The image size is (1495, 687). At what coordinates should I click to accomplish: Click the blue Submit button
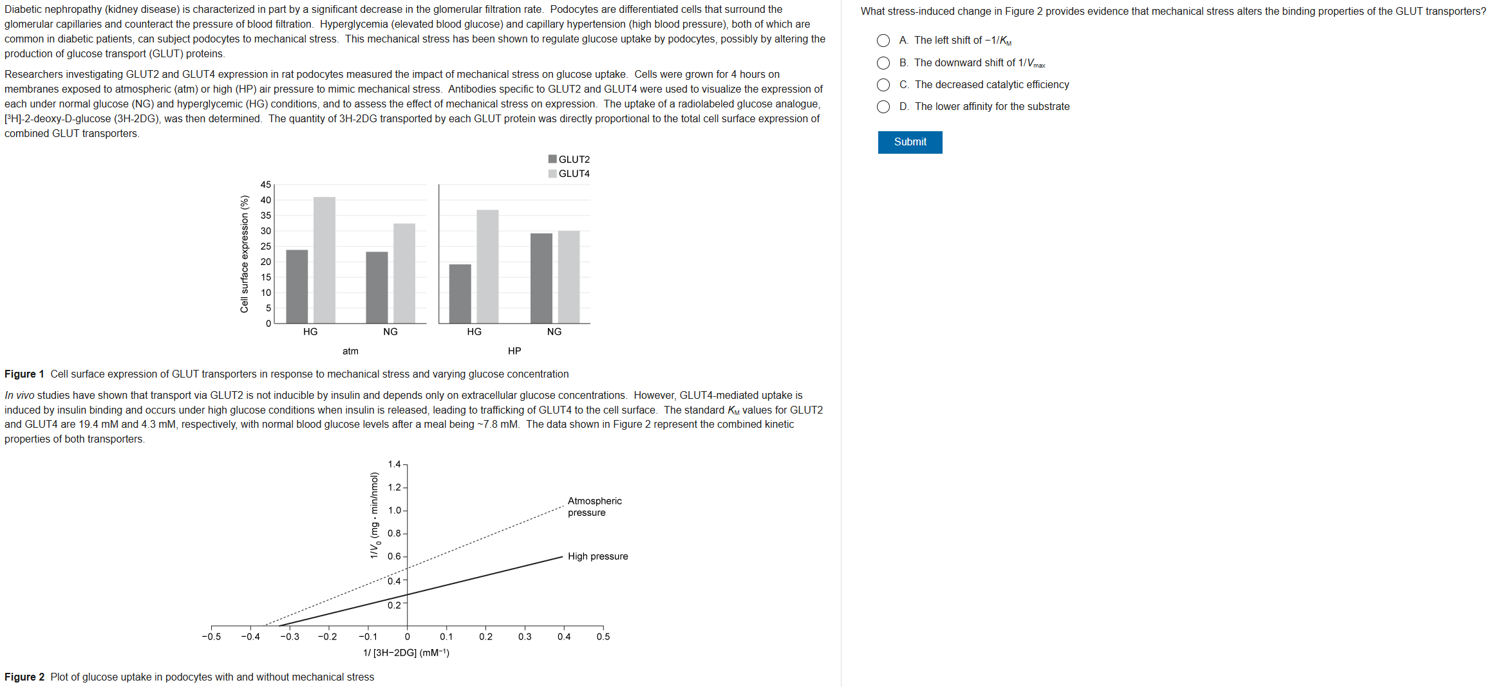(910, 142)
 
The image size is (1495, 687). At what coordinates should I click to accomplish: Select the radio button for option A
(883, 41)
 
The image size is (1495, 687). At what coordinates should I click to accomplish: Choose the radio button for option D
(883, 107)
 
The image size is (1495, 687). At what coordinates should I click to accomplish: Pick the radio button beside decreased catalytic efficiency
(883, 85)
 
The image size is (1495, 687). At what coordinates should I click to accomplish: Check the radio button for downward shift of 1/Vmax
(883, 63)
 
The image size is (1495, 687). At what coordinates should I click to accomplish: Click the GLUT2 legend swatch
(552, 159)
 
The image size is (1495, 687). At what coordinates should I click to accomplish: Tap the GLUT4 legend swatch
(552, 174)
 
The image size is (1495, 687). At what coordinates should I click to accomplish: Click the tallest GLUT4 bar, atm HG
(324, 260)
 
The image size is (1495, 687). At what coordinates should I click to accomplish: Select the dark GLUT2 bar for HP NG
(541, 278)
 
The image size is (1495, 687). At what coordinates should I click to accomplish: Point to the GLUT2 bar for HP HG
(460, 293)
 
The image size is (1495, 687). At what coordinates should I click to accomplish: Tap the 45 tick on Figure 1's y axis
(266, 185)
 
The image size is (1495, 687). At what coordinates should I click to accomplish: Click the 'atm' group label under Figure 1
(350, 351)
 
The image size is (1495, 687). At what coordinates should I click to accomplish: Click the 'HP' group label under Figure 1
(514, 351)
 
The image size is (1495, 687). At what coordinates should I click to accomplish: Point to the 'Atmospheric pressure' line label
(594, 507)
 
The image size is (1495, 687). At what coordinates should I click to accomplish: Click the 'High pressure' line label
(597, 556)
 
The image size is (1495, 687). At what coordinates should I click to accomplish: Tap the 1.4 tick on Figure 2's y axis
(394, 464)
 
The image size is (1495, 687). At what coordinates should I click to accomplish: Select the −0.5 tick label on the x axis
(211, 637)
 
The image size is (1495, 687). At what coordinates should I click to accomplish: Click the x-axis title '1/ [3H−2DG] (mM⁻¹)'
(406, 653)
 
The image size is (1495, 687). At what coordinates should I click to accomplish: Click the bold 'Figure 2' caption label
(24, 677)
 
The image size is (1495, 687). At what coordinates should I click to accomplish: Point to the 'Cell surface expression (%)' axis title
(245, 254)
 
